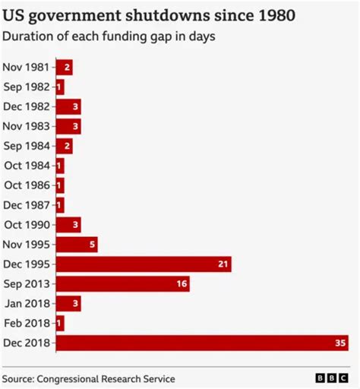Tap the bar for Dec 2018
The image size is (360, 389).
[202, 343]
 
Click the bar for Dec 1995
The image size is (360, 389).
[144, 264]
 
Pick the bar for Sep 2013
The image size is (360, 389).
[122, 283]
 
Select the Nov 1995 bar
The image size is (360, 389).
[77, 244]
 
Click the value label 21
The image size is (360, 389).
[223, 264]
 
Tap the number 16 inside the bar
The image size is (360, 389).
[182, 283]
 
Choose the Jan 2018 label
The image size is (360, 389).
[27, 303]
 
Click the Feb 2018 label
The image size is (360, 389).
[27, 323]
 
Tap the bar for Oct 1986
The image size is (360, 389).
[60, 185]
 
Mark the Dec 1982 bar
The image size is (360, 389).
[68, 106]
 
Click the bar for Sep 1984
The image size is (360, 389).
[64, 146]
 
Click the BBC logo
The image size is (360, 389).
[333, 378]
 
